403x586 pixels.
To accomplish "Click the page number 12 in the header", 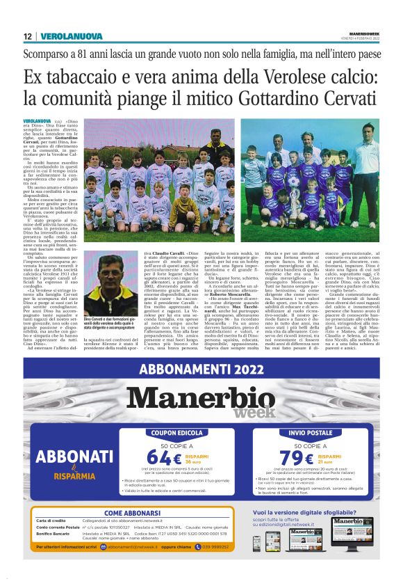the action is click(x=26, y=35).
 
